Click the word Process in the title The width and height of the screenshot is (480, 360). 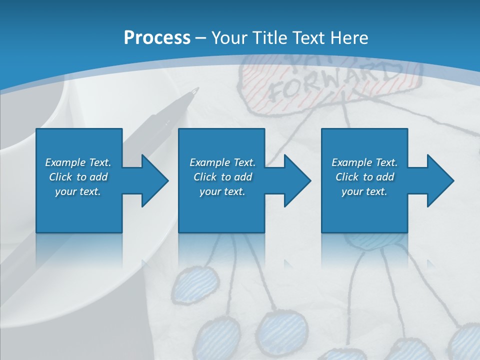click(157, 37)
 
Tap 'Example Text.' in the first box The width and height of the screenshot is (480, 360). click(78, 162)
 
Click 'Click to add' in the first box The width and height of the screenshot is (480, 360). click(78, 177)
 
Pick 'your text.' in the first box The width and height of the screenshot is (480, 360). click(78, 191)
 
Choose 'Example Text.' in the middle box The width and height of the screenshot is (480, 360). click(222, 162)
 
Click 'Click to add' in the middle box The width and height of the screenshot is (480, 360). click(222, 177)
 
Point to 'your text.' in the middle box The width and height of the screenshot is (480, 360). click(222, 191)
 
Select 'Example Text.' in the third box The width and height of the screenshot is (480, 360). click(364, 162)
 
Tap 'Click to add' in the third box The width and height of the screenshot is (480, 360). click(364, 177)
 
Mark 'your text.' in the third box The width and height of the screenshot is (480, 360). click(364, 191)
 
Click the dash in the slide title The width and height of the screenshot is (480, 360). click(201, 38)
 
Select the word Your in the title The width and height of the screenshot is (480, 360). click(229, 37)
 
